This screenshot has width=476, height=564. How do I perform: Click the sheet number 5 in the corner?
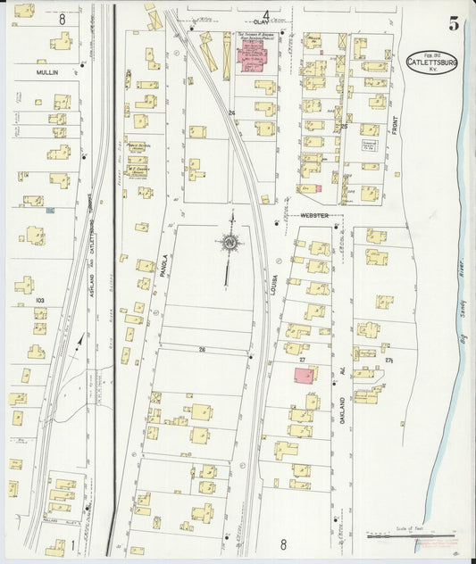tap(455, 23)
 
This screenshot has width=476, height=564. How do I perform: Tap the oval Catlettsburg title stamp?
tap(431, 61)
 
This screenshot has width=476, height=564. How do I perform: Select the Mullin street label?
tap(47, 69)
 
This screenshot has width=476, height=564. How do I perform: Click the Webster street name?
tap(313, 215)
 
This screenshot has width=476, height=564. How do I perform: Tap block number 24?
tap(231, 113)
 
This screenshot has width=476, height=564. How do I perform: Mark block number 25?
tap(344, 128)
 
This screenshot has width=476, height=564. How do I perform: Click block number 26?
tap(202, 348)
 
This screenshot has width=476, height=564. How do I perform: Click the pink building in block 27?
tap(305, 376)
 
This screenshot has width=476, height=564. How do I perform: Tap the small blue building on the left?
tap(50, 211)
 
